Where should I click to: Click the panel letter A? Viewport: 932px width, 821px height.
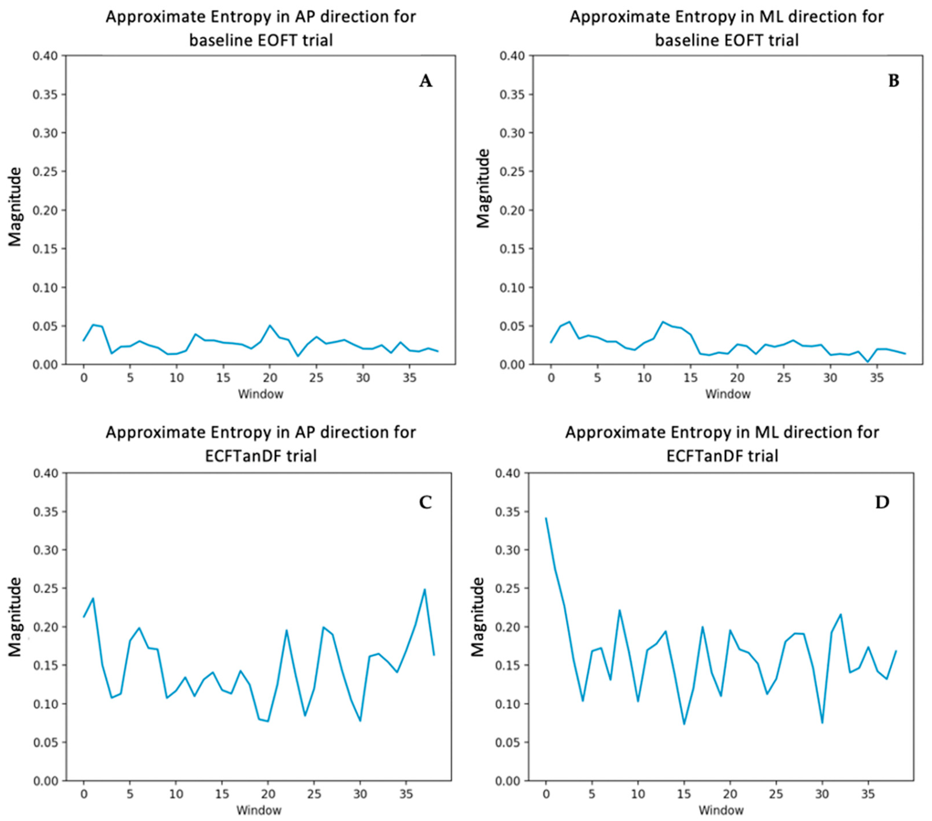point(425,81)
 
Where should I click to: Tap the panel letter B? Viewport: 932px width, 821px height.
point(894,81)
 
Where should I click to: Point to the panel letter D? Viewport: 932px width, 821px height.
point(882,502)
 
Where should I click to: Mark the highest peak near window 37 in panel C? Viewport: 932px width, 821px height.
point(425,589)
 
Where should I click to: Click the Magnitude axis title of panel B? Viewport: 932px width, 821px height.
point(483,188)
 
